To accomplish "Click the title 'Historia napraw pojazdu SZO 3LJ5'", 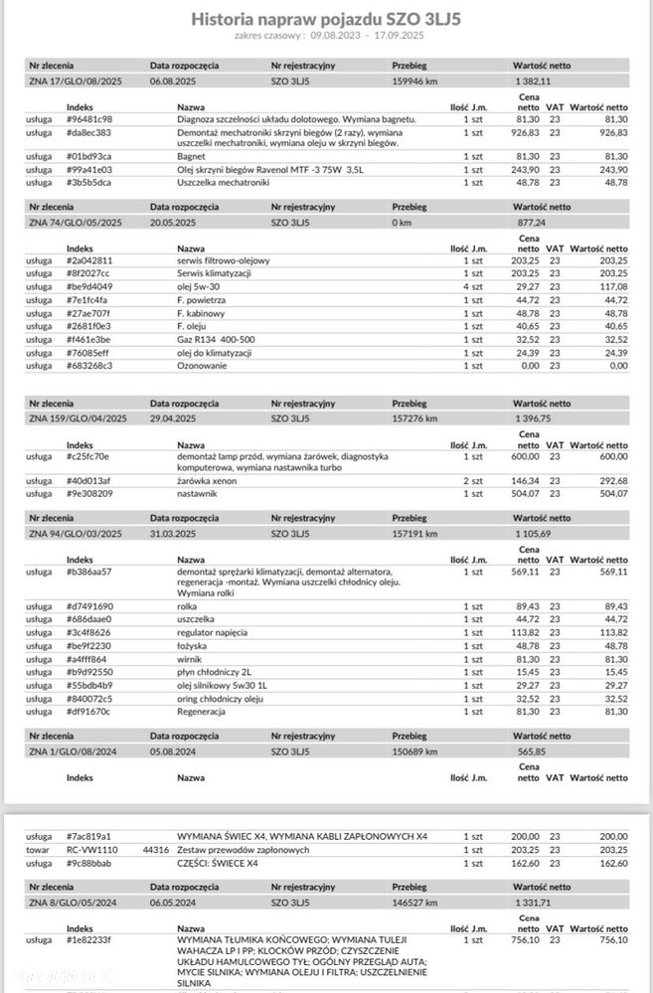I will coord(326,17).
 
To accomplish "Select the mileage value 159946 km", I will coord(415,80).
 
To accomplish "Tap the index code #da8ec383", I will coord(89,132).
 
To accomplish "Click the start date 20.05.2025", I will coord(176,223).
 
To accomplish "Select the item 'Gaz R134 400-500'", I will coord(214,339).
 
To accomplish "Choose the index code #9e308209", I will coord(89,493).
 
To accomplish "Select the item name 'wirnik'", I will coord(189,657).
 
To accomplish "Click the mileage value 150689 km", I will coord(415,750).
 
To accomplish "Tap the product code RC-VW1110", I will coord(88,850).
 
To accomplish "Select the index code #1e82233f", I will coord(89,939).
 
